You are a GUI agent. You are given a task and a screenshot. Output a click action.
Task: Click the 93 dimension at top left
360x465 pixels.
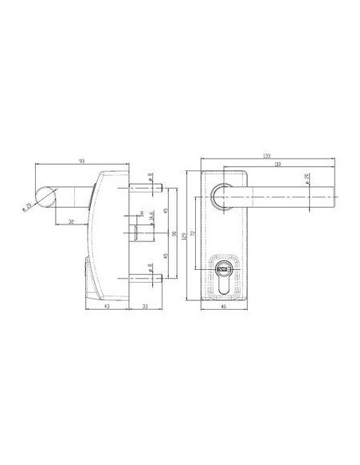point(82,162)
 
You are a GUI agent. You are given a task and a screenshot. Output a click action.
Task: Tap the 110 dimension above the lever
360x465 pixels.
point(276,166)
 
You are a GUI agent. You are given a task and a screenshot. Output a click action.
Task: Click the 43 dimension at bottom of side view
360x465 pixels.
point(106,304)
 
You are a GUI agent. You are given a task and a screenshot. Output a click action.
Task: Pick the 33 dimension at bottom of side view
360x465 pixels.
point(145,304)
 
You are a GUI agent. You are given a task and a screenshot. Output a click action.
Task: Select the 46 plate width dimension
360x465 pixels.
point(223,304)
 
